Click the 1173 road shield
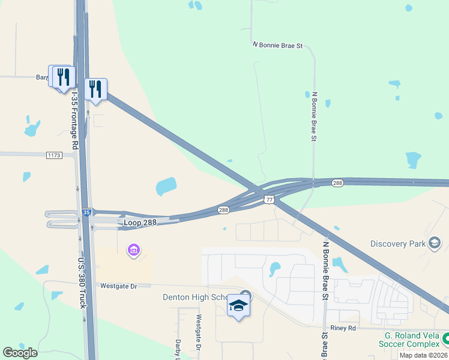coord(54,155)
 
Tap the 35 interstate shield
coord(87,212)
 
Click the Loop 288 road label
coord(140,223)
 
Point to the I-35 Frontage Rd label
coord(75,120)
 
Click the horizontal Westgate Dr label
coord(119,286)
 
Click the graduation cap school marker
coord(239,305)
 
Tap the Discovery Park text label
coord(398,244)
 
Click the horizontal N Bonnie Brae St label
coord(277,45)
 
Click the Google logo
coord(20,353)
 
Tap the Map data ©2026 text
coord(423,355)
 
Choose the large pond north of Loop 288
coord(166,186)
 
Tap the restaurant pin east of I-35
coord(95,89)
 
